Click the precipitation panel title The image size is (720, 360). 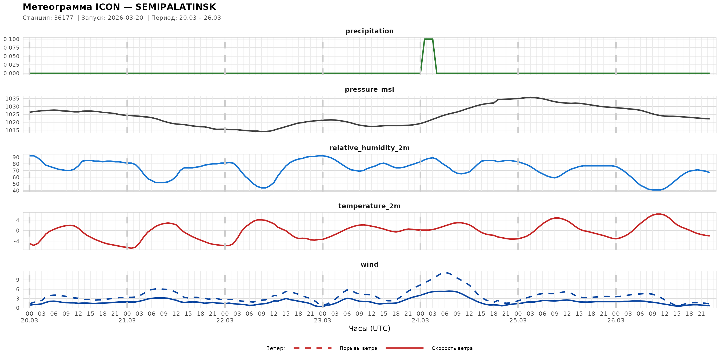(369, 31)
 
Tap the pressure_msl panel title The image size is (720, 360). (369, 89)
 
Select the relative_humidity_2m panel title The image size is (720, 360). (369, 148)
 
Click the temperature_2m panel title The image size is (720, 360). (369, 206)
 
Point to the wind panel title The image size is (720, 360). (369, 265)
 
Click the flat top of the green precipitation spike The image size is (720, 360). (429, 39)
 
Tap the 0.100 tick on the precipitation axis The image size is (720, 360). (11, 39)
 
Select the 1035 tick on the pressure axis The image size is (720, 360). (12, 99)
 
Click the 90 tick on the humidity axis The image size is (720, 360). (16, 157)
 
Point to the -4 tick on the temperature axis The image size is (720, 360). (16, 241)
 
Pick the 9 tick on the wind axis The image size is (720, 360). (18, 280)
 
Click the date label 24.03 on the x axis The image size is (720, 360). (420, 321)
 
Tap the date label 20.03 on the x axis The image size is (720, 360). (29, 321)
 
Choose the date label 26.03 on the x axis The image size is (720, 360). (615, 321)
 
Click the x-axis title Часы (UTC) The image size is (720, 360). (369, 329)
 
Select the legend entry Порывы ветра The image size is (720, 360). (358, 348)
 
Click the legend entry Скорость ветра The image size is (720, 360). (452, 348)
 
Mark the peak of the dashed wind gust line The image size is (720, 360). (446, 273)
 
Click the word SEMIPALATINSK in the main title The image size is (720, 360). (175, 7)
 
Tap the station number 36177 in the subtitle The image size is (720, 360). (64, 18)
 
